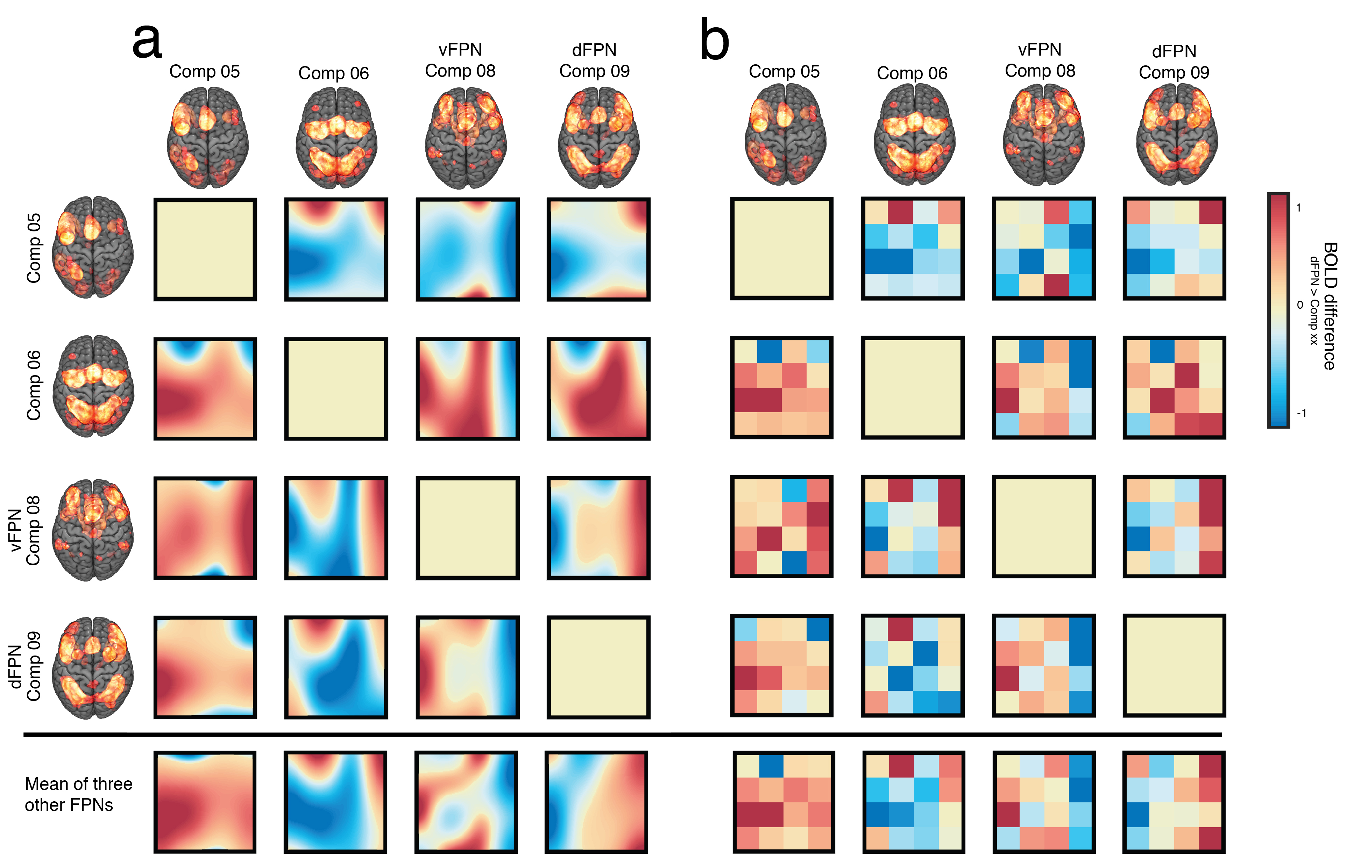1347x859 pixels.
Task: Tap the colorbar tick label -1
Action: pyautogui.click(x=1301, y=413)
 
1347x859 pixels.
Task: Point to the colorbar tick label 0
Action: pyautogui.click(x=1299, y=305)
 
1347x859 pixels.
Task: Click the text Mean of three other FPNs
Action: pyautogui.click(x=78, y=794)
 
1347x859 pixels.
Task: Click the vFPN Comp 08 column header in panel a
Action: pyautogui.click(x=460, y=60)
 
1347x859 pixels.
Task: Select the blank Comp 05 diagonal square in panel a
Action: pyautogui.click(x=205, y=249)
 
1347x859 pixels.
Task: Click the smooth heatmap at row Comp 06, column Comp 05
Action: pyautogui.click(x=205, y=389)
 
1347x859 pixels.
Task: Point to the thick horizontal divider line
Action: pyautogui.click(x=615, y=734)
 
